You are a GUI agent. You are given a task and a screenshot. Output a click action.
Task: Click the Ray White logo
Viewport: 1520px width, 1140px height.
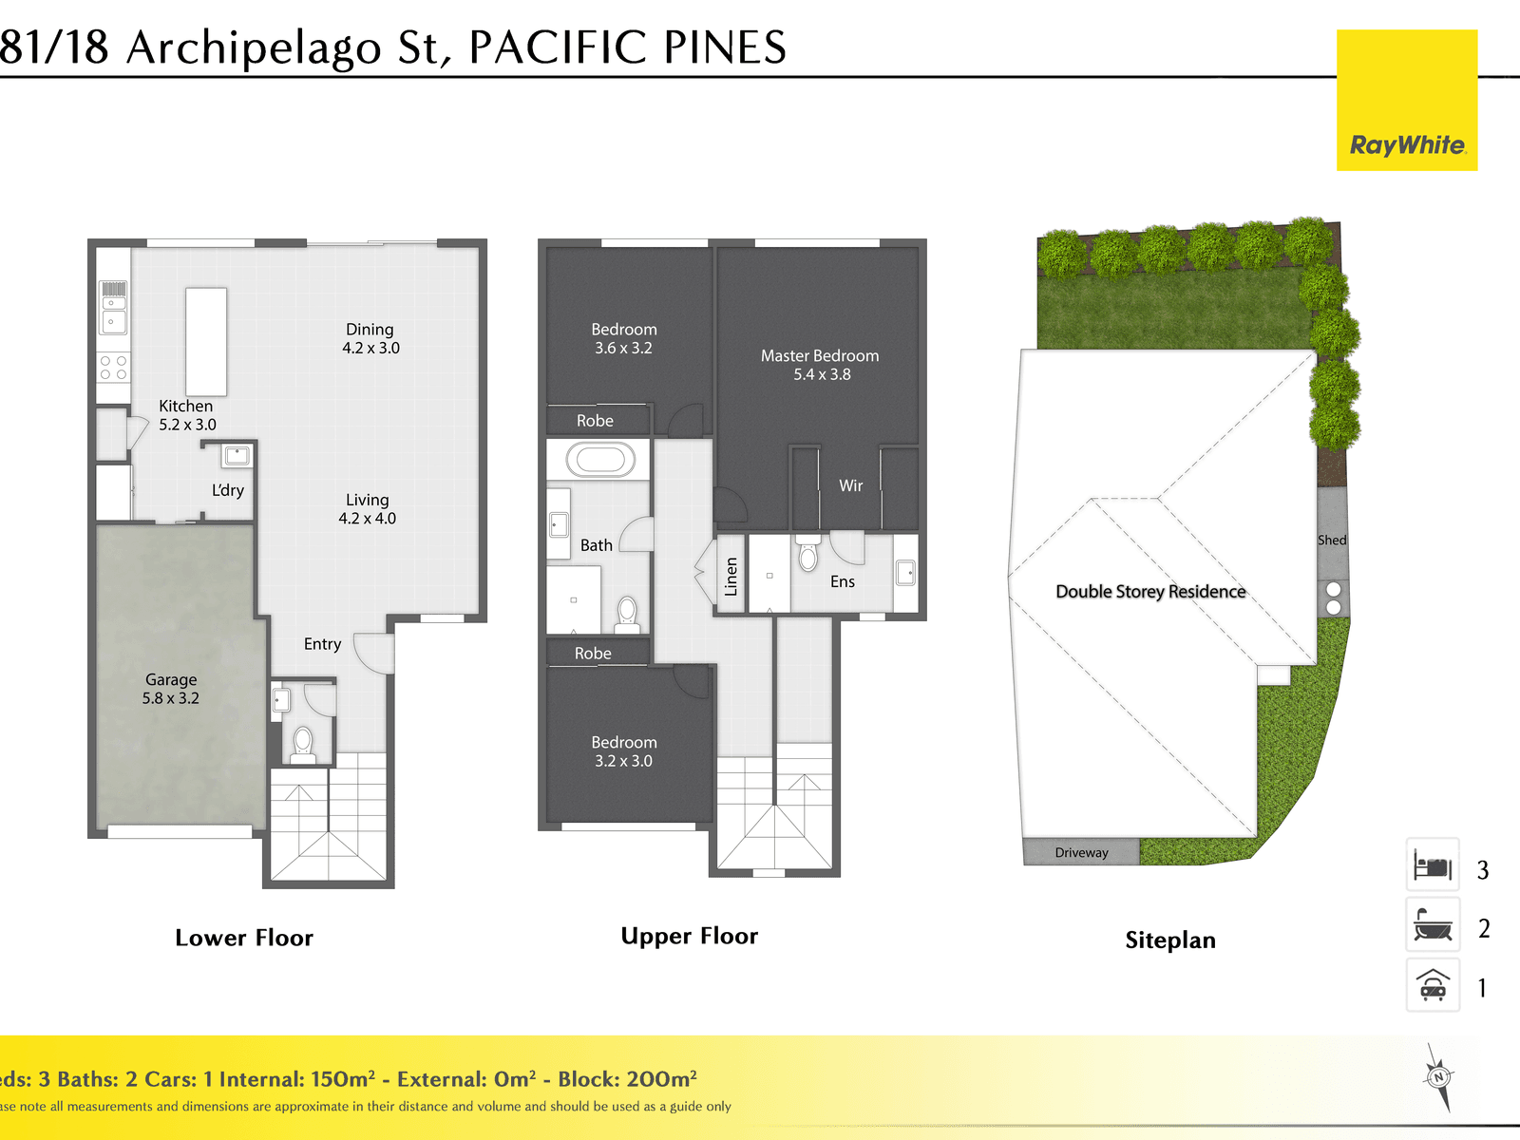[1406, 100]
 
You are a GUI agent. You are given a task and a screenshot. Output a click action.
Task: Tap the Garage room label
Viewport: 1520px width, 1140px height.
[171, 679]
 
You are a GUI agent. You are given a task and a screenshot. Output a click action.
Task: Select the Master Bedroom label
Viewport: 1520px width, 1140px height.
[820, 355]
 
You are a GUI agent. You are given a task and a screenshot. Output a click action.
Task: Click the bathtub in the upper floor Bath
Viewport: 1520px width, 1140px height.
[600, 460]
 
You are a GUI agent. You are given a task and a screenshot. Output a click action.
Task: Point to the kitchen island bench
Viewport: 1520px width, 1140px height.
[205, 342]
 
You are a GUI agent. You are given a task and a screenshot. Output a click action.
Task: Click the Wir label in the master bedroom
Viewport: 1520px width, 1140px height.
[851, 485]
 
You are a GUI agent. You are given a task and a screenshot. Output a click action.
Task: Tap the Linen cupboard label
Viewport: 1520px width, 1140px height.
[731, 577]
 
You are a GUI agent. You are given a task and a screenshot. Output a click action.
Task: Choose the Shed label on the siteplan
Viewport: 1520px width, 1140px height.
[1332, 540]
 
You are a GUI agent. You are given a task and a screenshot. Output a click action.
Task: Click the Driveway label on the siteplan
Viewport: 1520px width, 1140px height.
[1082, 853]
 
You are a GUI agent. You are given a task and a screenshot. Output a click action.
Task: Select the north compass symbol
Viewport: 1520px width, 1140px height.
[1438, 1077]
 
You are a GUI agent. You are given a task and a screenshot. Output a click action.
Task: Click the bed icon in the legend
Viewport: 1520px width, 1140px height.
[1433, 864]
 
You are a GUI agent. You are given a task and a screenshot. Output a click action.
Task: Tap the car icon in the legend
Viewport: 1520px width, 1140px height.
[1433, 985]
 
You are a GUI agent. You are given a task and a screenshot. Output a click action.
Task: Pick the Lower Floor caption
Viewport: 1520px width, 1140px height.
[244, 938]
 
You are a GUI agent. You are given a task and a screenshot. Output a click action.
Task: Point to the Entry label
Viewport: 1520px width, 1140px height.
[323, 644]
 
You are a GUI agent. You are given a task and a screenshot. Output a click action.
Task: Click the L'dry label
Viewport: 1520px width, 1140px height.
[228, 490]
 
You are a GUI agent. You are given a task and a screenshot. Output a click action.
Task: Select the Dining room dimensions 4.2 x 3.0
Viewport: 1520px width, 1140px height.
[371, 348]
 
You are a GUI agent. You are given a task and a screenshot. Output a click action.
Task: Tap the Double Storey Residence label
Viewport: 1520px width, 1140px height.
[1150, 592]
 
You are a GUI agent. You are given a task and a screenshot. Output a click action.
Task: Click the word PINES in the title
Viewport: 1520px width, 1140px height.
[725, 47]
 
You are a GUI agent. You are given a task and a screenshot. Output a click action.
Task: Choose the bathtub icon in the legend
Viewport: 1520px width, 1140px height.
[1433, 924]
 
